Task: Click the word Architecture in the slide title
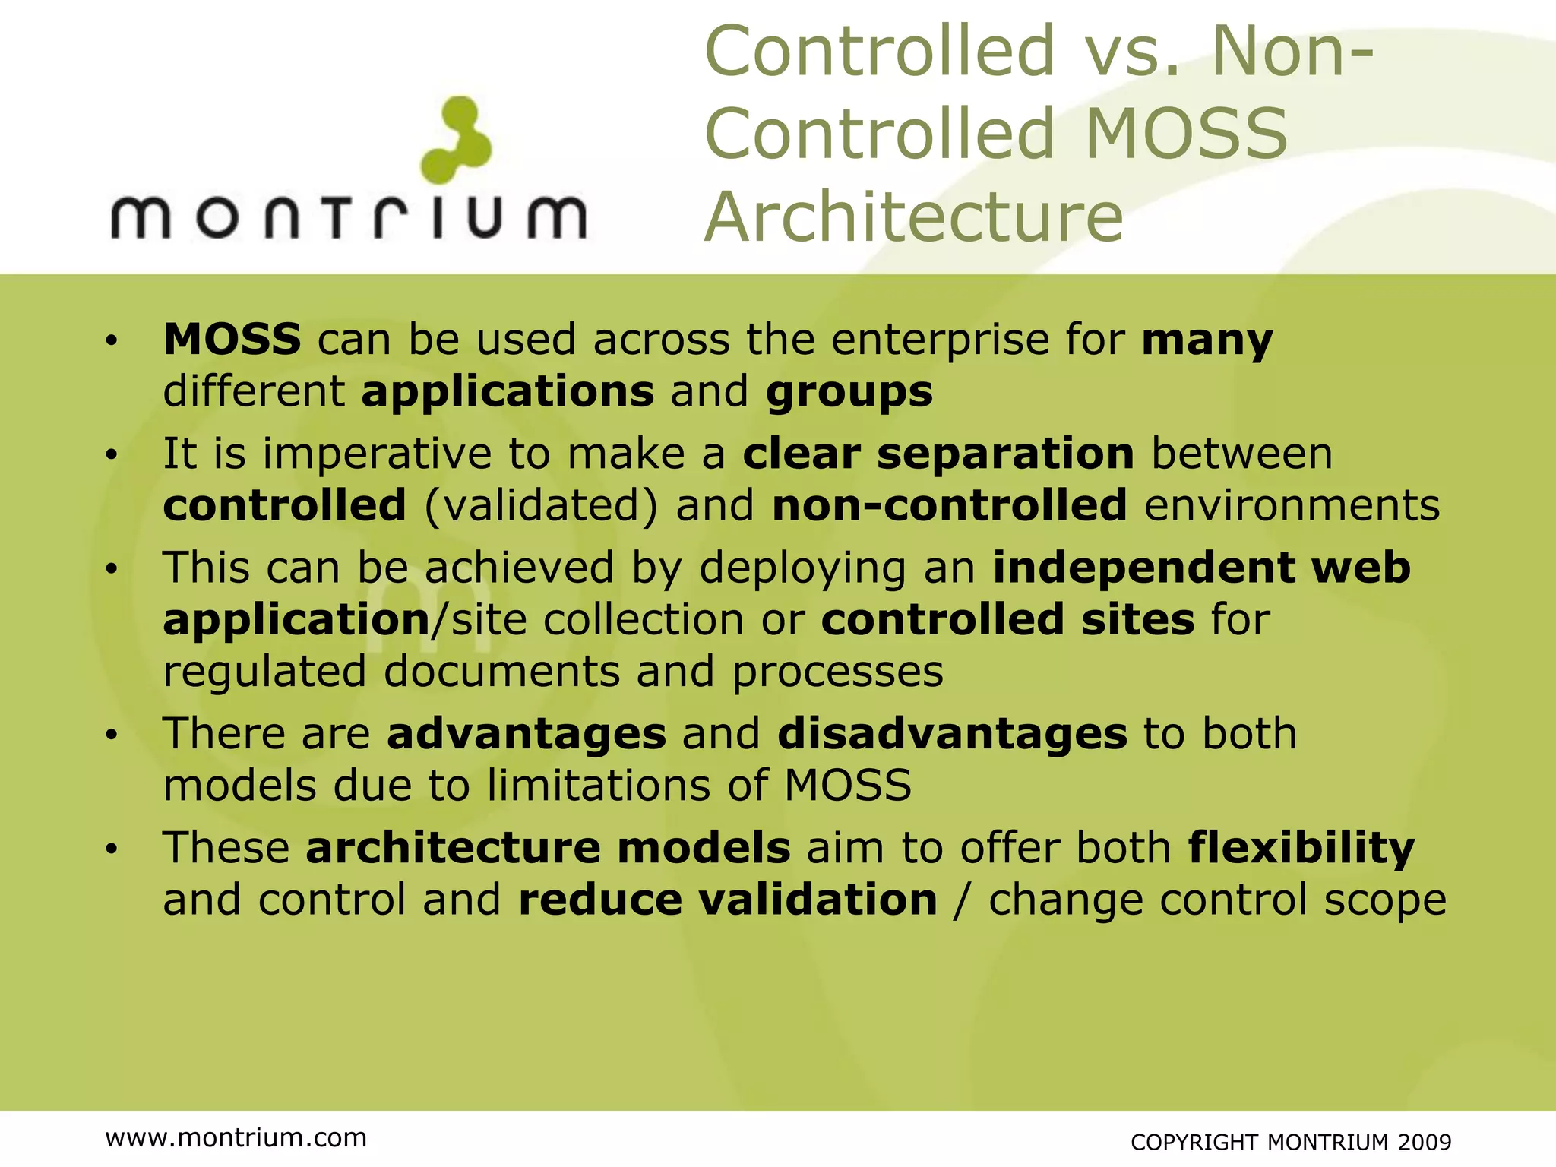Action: click(x=914, y=217)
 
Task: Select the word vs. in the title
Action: click(x=1133, y=51)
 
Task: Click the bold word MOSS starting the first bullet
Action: click(x=232, y=339)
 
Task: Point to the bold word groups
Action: click(x=849, y=392)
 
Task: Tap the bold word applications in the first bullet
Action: click(x=508, y=392)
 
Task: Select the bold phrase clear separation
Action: click(x=938, y=454)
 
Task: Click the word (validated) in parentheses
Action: click(x=541, y=506)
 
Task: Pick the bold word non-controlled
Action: click(x=949, y=506)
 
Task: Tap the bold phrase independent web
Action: click(x=1201, y=568)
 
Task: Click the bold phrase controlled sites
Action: click(x=1007, y=620)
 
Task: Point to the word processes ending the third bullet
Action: click(x=837, y=672)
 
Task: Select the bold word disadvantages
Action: click(x=952, y=734)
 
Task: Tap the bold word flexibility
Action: click(x=1301, y=848)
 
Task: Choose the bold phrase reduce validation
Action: click(x=727, y=900)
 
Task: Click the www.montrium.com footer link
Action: click(x=236, y=1137)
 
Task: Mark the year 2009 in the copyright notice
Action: click(x=1425, y=1142)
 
